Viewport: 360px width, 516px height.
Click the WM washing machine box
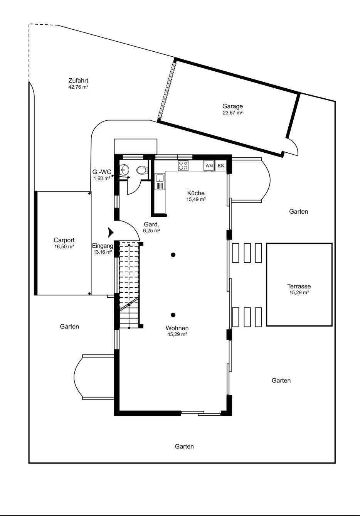(x=209, y=166)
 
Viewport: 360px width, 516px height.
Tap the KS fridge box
(x=221, y=166)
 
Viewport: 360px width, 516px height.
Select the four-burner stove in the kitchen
(x=183, y=165)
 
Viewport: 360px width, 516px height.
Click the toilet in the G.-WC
(x=142, y=170)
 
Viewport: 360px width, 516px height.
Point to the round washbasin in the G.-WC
(x=124, y=170)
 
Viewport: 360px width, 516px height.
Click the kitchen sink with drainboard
(x=160, y=182)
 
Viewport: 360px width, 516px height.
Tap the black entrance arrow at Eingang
(x=111, y=233)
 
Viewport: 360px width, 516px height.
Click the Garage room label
(x=232, y=106)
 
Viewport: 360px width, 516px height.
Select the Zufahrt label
(x=78, y=81)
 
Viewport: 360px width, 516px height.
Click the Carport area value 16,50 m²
(x=64, y=246)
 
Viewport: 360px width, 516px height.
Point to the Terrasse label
(x=299, y=286)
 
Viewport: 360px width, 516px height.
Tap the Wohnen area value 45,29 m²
(x=177, y=334)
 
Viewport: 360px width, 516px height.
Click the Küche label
(x=196, y=193)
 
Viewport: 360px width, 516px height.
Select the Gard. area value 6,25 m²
(x=152, y=230)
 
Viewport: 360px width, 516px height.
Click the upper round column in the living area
(x=173, y=255)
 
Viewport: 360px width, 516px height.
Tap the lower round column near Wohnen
(x=173, y=315)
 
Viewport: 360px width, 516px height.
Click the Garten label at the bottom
(x=184, y=446)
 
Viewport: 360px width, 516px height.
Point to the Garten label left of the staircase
(x=69, y=326)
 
